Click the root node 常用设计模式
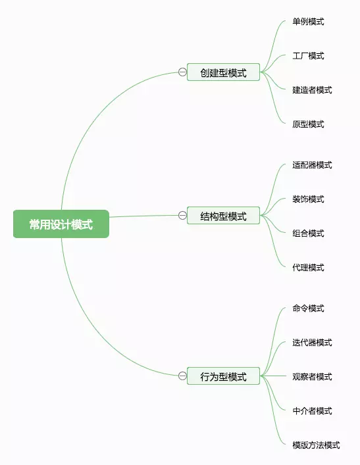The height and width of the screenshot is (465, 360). (61, 224)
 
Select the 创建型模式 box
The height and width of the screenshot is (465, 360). (223, 72)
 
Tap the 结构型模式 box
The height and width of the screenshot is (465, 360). (223, 216)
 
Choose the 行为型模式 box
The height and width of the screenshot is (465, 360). (223, 376)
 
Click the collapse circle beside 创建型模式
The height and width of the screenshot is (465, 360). (182, 72)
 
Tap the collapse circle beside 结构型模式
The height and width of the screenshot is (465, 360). (182, 215)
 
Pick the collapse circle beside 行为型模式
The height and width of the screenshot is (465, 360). (182, 376)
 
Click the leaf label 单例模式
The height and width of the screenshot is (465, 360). (308, 22)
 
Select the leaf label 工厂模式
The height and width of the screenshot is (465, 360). (308, 56)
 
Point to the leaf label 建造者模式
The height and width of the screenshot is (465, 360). (312, 90)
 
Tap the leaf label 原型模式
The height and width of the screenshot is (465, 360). (308, 124)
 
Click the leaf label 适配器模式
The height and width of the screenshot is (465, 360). (312, 165)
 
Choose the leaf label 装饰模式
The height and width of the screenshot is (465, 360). (308, 199)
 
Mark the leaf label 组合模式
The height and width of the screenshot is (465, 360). (308, 233)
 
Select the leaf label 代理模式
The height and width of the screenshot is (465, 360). (308, 268)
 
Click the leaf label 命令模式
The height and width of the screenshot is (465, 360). (308, 308)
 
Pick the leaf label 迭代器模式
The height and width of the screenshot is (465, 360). (312, 343)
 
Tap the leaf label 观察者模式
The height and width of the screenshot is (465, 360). (312, 377)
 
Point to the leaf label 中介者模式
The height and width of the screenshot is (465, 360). (312, 410)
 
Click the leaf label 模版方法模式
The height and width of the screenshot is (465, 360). (316, 445)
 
